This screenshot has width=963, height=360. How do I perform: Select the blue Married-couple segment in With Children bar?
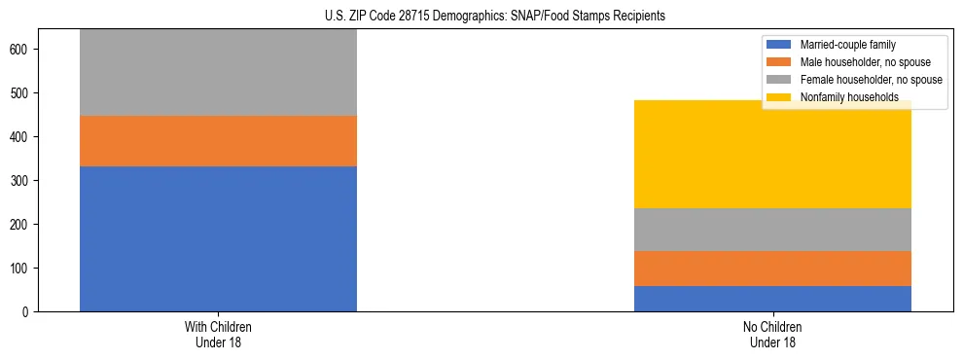pyautogui.click(x=218, y=238)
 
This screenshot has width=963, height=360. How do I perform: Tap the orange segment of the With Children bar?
pyautogui.click(x=218, y=141)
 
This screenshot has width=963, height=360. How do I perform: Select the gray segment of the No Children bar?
pyautogui.click(x=772, y=230)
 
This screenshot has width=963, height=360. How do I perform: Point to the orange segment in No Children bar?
pyautogui.click(x=772, y=269)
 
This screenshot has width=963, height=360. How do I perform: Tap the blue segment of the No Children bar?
pyautogui.click(x=772, y=299)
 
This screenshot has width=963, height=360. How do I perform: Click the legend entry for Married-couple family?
pyautogui.click(x=846, y=45)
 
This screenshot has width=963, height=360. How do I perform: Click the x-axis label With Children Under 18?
pyautogui.click(x=218, y=335)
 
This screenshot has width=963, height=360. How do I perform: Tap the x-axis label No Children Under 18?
pyautogui.click(x=772, y=335)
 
